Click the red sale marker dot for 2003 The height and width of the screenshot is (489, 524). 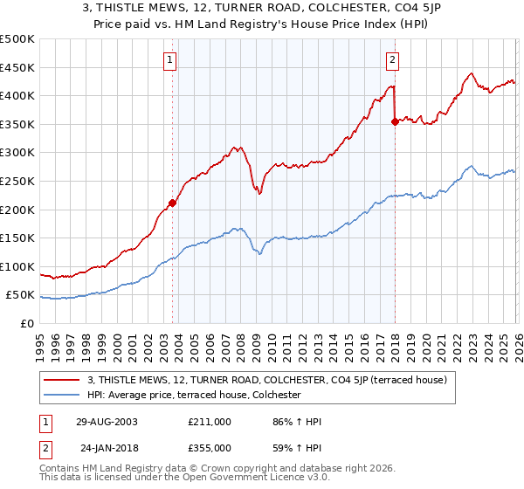pyautogui.click(x=173, y=203)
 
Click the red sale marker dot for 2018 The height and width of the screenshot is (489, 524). pyautogui.click(x=395, y=121)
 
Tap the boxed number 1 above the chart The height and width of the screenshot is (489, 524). pyautogui.click(x=169, y=60)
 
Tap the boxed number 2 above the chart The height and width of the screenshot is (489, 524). pyautogui.click(x=392, y=60)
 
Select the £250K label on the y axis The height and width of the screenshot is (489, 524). pyautogui.click(x=17, y=181)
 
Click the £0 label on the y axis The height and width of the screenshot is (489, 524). pyautogui.click(x=26, y=323)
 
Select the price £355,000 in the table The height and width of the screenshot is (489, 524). pyautogui.click(x=210, y=447)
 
